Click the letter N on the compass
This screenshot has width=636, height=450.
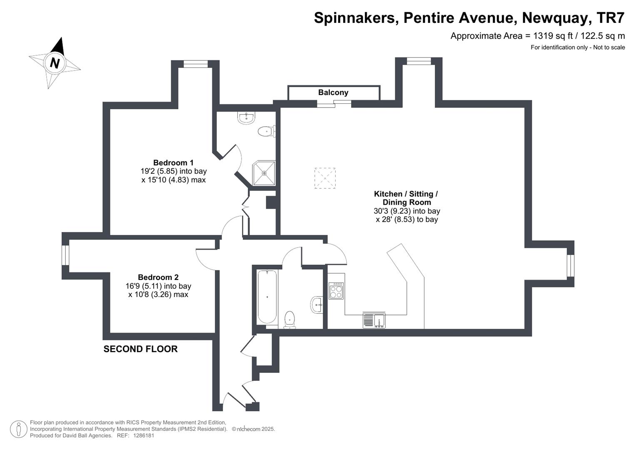55,63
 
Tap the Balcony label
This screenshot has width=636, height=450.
333,92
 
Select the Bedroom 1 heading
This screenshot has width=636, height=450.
173,162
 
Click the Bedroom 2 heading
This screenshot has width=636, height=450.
158,277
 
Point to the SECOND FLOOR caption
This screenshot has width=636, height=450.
140,349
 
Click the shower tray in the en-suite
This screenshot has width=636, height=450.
264,173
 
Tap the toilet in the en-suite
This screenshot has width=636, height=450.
265,132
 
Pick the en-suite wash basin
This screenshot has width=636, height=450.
247,118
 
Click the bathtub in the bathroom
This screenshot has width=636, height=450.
267,297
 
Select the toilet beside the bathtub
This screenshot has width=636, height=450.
289,320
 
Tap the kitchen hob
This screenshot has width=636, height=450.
336,291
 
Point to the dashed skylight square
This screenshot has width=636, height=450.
325,178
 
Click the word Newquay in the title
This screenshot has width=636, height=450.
556,18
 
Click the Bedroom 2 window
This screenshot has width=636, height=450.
65,255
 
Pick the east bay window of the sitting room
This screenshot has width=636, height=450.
570,266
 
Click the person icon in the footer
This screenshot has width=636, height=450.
19,429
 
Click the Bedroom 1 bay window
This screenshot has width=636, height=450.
195,64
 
